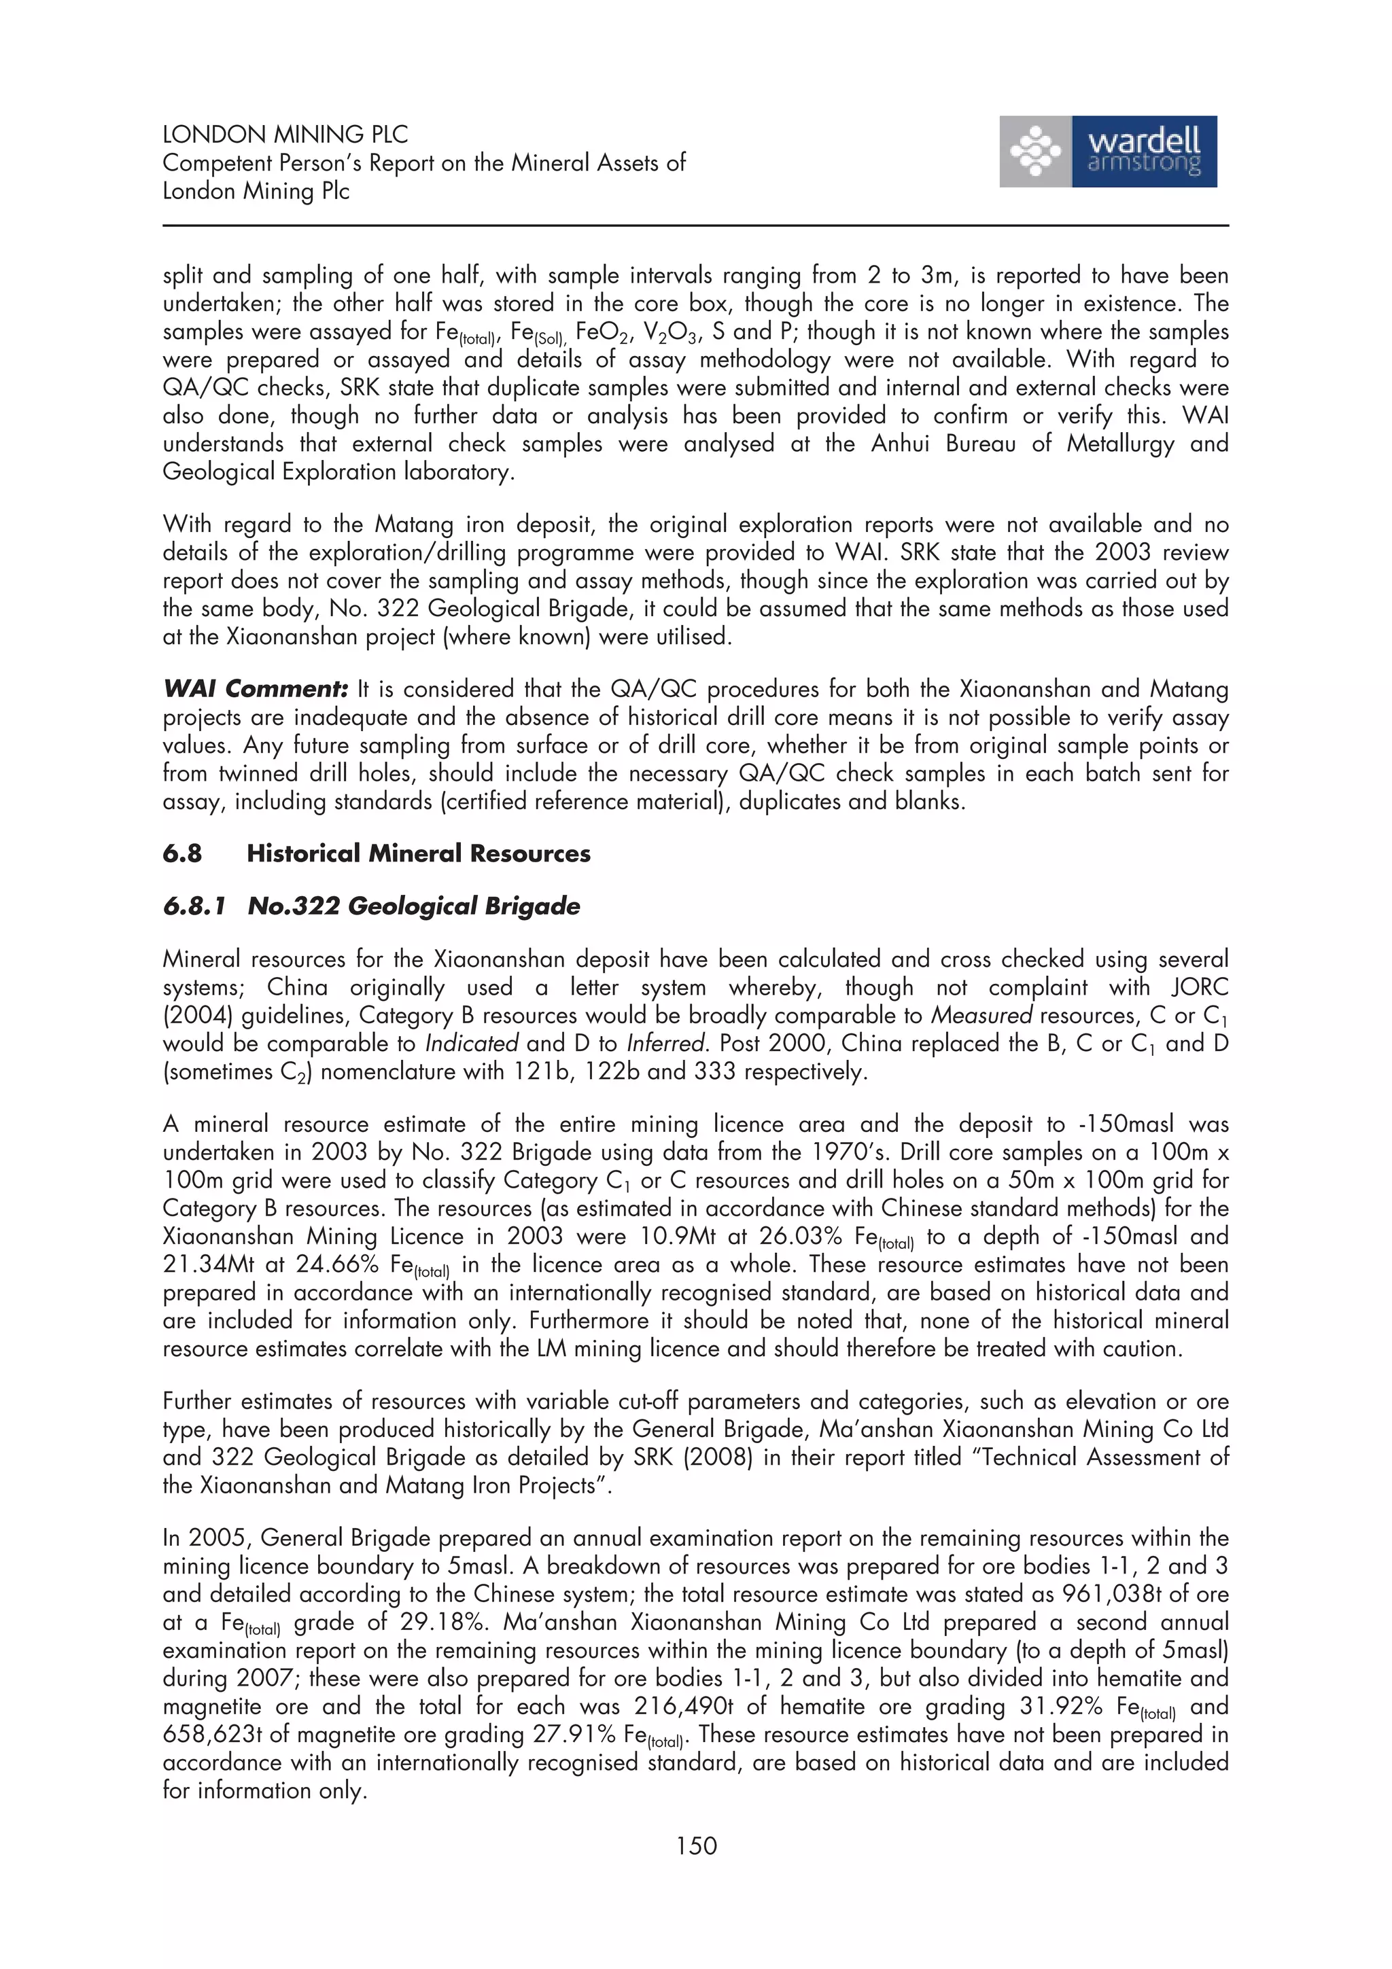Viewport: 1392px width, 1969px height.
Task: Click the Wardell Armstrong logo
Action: [x=1107, y=152]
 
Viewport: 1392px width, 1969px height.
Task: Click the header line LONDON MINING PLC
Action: [x=285, y=135]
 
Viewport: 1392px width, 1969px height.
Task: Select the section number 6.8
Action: [x=182, y=853]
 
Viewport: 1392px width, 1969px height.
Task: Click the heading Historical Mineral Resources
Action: [x=419, y=853]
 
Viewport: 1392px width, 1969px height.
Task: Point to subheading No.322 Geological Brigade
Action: [x=413, y=906]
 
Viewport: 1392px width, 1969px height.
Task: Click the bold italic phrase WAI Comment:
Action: [x=256, y=689]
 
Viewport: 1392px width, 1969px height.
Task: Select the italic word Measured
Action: [x=982, y=1015]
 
